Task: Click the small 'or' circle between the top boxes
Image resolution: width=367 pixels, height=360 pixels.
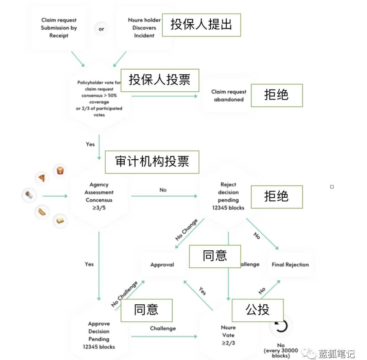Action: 101,29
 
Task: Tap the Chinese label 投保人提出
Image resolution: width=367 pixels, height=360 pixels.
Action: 201,25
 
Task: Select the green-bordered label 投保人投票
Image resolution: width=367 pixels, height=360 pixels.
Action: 160,80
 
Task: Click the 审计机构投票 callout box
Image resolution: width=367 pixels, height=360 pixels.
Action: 152,162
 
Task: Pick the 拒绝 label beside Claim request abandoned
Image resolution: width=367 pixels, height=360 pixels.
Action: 277,95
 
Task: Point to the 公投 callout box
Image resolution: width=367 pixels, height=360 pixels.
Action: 258,310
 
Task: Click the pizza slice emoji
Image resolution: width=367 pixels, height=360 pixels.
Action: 42,178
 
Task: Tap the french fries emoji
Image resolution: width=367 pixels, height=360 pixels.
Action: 60,170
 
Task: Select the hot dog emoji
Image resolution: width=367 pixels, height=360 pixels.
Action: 42,212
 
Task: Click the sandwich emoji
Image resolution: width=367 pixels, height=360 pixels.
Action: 60,221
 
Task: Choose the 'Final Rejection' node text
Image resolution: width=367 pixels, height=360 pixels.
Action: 290,265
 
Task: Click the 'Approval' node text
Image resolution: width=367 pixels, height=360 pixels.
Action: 162,265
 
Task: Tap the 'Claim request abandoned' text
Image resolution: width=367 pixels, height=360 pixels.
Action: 229,95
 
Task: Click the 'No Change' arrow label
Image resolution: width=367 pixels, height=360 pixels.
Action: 186,230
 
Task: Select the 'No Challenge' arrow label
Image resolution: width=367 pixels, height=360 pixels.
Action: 124,294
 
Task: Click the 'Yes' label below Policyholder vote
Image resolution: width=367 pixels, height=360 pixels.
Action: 90,144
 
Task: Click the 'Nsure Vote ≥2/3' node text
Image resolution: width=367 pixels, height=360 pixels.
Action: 228,335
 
